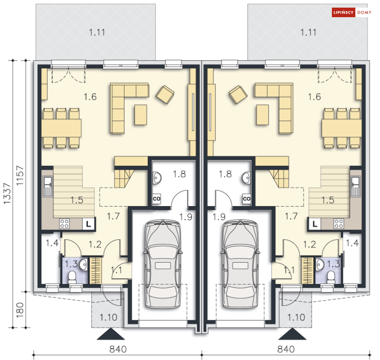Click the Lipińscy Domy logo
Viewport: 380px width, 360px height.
tap(352, 12)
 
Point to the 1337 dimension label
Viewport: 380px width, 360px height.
tap(7, 194)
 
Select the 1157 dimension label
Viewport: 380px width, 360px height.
tap(20, 176)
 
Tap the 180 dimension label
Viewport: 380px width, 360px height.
tap(20, 310)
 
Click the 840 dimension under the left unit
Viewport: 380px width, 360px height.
tap(118, 349)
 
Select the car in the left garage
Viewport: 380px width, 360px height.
tap(163, 264)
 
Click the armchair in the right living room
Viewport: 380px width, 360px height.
tap(238, 94)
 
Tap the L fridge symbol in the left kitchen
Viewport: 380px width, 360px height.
tap(89, 224)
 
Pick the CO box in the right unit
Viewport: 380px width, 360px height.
tap(246, 199)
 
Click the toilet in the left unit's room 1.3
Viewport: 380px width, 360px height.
tap(72, 277)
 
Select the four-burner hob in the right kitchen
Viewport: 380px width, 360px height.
tap(338, 224)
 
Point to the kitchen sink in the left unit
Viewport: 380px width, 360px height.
tap(48, 186)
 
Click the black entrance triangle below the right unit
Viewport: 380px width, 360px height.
tap(292, 334)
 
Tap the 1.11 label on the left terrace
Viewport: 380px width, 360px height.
tap(97, 32)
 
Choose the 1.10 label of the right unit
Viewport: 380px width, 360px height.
tap(296, 317)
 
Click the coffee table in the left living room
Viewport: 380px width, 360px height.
tap(141, 115)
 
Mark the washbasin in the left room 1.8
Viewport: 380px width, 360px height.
tap(157, 178)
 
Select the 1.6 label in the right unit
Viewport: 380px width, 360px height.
tap(315, 97)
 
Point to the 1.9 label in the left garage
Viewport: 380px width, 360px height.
tap(186, 217)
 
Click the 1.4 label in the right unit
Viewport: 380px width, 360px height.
tap(352, 243)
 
